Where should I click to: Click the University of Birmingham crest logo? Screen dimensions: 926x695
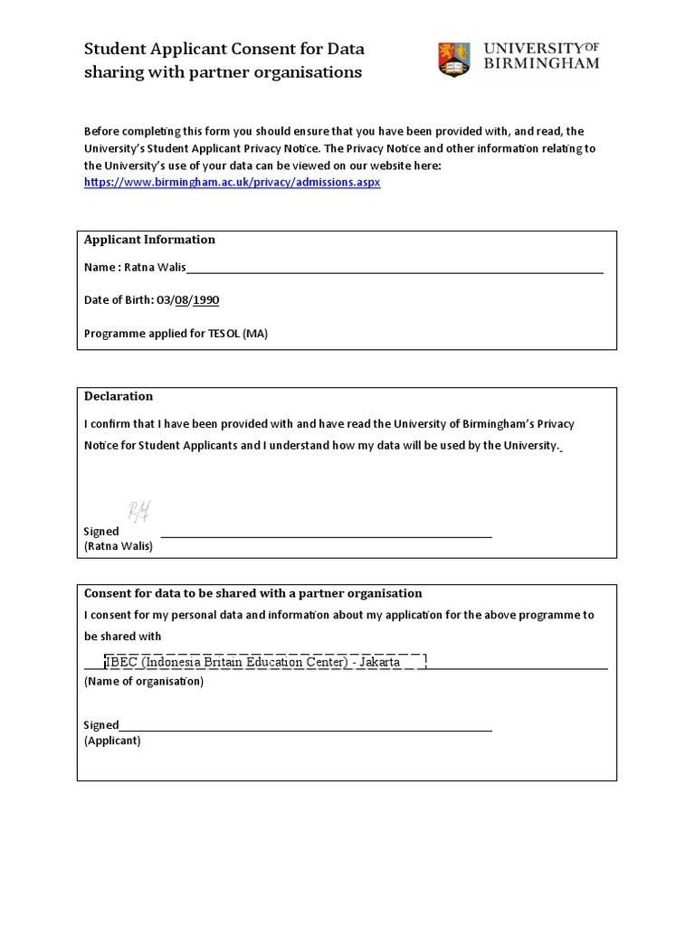pos(454,59)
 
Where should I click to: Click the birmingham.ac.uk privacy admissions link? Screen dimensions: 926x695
pos(232,182)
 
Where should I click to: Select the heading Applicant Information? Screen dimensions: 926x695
pos(149,240)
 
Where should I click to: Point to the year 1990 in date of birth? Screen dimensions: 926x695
pos(205,300)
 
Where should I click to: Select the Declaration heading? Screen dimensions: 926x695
pos(119,396)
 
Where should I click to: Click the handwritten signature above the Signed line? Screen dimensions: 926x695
pos(139,512)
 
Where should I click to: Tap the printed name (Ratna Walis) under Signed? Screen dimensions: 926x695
pos(119,546)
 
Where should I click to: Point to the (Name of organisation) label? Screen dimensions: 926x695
pos(144,681)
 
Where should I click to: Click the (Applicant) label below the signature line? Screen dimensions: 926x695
pos(112,741)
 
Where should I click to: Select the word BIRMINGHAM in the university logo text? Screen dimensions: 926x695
pos(541,64)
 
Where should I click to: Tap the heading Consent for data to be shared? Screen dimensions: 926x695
pos(253,593)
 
